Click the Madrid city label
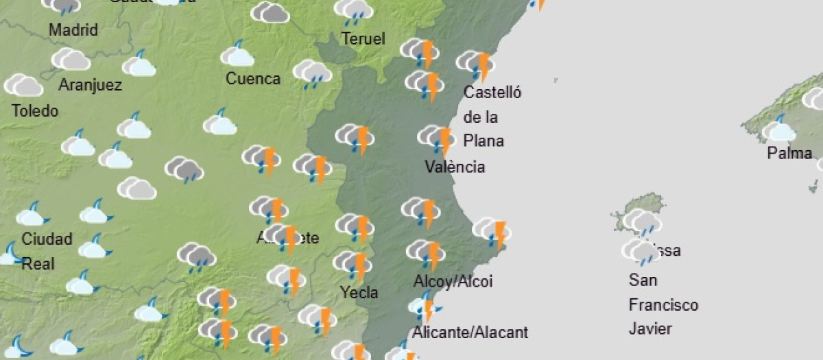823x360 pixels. tap(73, 30)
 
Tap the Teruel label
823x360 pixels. tap(363, 39)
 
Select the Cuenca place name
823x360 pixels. tap(253, 79)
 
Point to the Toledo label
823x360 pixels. tap(35, 110)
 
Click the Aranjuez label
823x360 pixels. tap(90, 85)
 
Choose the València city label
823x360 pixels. tap(455, 167)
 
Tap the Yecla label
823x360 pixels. tap(359, 293)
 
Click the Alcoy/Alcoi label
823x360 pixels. tap(453, 281)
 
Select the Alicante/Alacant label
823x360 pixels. tap(470, 333)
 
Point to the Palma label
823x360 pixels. tap(789, 154)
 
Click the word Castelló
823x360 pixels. tap(492, 93)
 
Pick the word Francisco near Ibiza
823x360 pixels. tap(663, 304)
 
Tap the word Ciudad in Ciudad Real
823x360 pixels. tap(47, 239)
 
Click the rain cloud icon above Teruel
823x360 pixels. tap(353, 11)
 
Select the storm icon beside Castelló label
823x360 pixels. tap(476, 64)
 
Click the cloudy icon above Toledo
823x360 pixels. tap(23, 85)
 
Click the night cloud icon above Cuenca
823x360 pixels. tap(237, 55)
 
